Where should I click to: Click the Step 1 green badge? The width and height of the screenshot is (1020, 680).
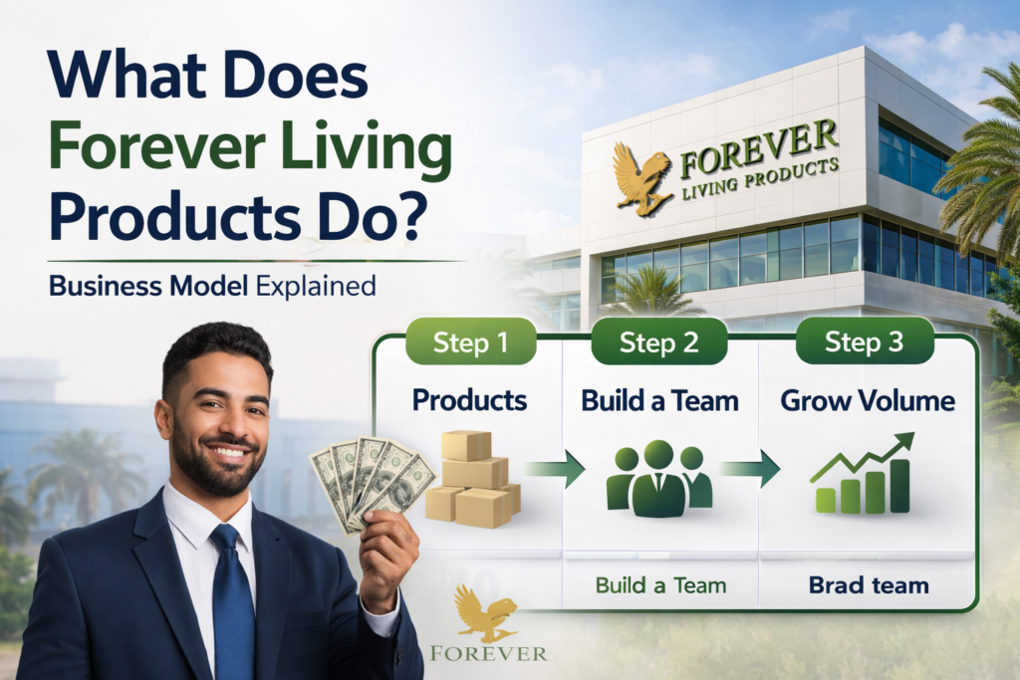point(471,343)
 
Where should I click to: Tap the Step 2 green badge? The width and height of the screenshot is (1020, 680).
point(660,343)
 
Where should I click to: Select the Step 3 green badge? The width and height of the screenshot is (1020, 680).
point(865,343)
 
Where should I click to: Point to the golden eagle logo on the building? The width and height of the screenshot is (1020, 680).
point(640,177)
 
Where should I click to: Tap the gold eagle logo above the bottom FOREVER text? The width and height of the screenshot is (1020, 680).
point(484,612)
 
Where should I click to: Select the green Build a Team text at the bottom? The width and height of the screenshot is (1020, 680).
point(659,585)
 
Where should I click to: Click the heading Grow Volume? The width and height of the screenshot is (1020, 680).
point(867,401)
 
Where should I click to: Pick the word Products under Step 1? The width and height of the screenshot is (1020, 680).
point(469,400)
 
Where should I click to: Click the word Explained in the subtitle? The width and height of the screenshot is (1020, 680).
point(316,287)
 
